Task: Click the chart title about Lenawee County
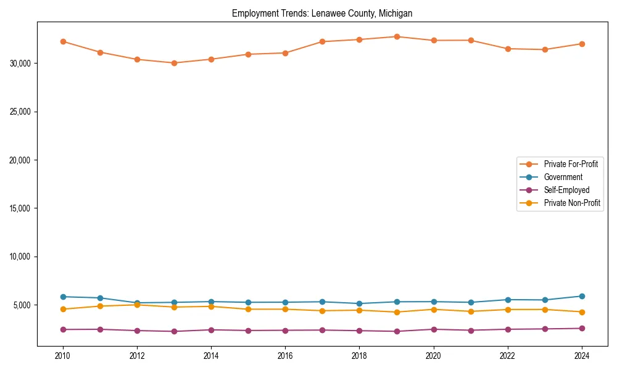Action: point(322,13)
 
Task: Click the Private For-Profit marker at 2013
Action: point(174,63)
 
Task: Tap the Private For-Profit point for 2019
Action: point(397,36)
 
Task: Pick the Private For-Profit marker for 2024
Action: point(582,44)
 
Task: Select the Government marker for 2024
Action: point(582,296)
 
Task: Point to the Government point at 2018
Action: point(360,303)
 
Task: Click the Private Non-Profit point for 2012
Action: point(137,305)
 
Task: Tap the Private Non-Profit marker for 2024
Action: point(582,312)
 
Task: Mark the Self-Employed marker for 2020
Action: point(434,329)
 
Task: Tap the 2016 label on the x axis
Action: point(285,356)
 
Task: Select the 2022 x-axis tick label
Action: point(508,356)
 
